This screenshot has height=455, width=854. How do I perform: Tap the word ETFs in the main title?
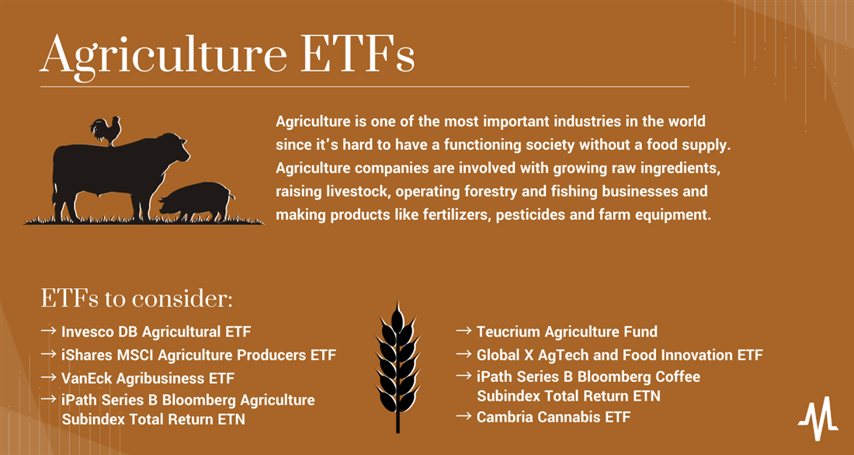pyautogui.click(x=358, y=54)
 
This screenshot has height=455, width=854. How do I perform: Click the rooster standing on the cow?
pyautogui.click(x=106, y=130)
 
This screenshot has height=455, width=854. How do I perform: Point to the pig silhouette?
pyautogui.click(x=196, y=201)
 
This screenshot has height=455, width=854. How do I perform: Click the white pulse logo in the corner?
pyautogui.click(x=818, y=419)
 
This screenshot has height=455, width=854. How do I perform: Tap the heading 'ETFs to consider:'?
pyautogui.click(x=137, y=299)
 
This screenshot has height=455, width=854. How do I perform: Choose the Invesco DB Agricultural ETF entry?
pyautogui.click(x=156, y=332)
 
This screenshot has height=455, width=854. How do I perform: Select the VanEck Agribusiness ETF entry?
pyautogui.click(x=148, y=378)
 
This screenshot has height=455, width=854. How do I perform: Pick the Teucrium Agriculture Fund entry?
pyautogui.click(x=567, y=332)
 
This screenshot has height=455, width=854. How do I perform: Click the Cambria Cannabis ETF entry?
pyautogui.click(x=554, y=417)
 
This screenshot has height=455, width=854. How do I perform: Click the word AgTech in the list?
pyautogui.click(x=563, y=356)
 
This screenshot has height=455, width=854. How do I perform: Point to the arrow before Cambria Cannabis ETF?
pyautogui.click(x=464, y=416)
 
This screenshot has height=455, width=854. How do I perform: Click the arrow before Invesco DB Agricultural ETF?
pyautogui.click(x=48, y=331)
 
